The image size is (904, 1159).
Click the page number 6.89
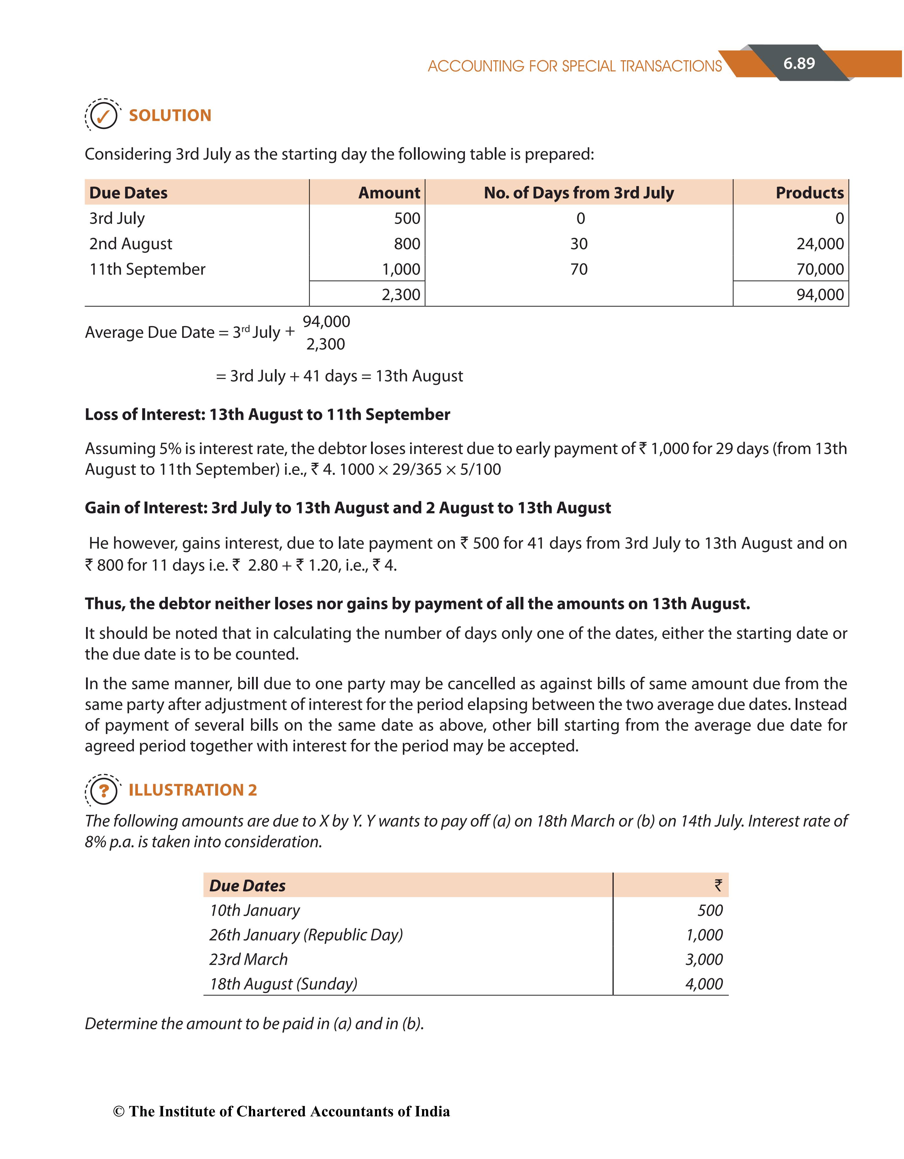click(799, 64)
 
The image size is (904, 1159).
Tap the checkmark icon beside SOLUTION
click(103, 115)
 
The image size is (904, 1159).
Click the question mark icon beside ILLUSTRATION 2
click(103, 791)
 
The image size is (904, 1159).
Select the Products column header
click(809, 193)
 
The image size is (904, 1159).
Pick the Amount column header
click(389, 193)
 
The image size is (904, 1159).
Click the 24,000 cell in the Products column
click(820, 244)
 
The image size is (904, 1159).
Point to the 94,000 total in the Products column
click(820, 294)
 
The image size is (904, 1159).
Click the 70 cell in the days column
click(579, 269)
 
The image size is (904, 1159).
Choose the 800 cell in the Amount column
click(407, 244)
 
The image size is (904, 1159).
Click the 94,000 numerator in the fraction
click(326, 322)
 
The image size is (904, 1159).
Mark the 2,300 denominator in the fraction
click(326, 345)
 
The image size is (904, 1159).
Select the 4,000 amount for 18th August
click(704, 984)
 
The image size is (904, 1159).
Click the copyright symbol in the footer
click(119, 1112)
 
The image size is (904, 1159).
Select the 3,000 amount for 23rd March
click(704, 959)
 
